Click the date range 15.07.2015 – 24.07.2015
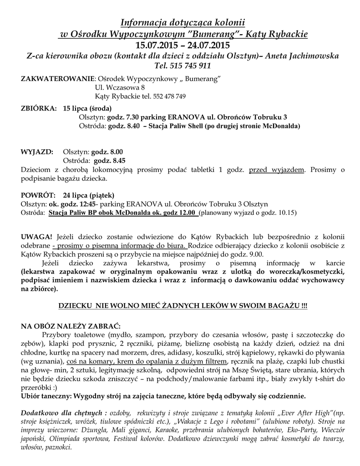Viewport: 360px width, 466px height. click(x=179, y=45)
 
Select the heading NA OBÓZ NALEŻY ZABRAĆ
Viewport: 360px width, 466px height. click(x=70, y=326)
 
